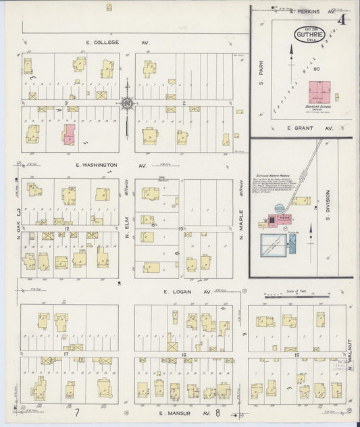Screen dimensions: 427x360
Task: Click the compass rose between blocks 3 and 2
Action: [x=127, y=103]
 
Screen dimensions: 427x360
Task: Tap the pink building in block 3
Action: [x=69, y=134]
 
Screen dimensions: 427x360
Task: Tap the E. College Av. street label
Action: [x=112, y=42]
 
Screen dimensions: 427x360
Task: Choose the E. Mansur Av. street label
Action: [x=180, y=411]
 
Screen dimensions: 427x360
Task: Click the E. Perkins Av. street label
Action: [x=312, y=11]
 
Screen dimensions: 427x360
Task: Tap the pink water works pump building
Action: [x=277, y=220]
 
